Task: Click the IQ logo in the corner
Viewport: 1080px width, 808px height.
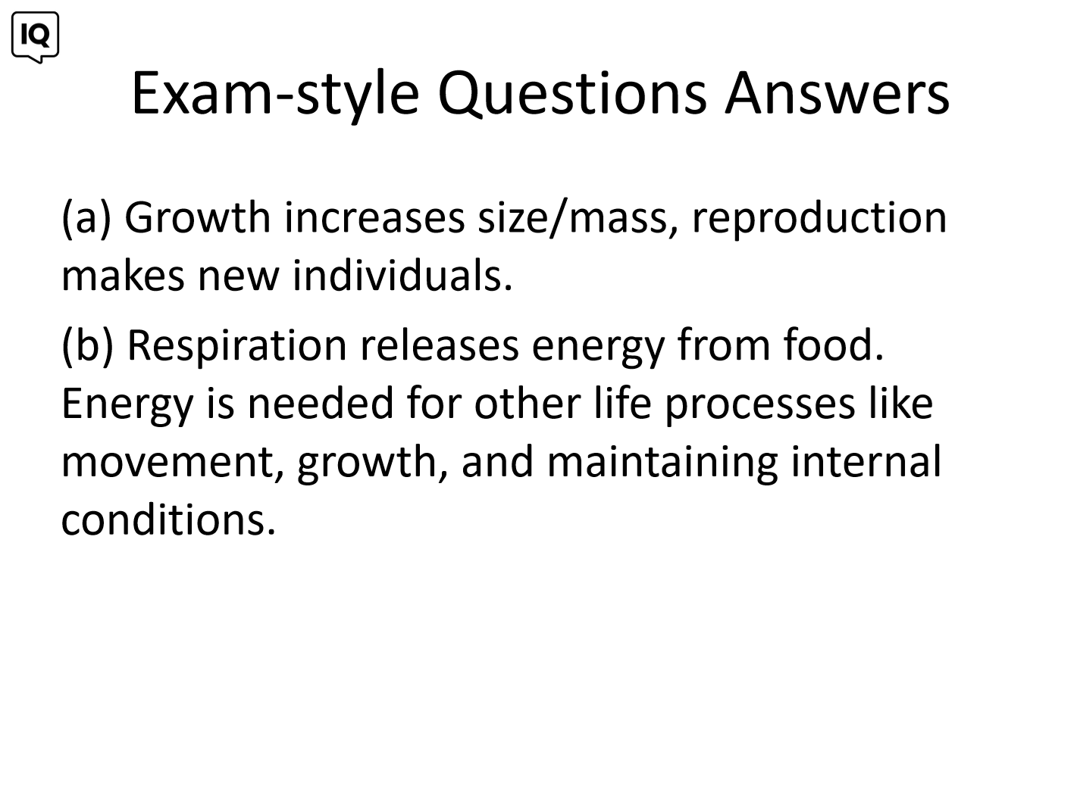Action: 36,37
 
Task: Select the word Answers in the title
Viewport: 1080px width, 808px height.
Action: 837,93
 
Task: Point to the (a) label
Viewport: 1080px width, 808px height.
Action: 86,218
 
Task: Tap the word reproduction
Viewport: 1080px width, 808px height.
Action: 819,219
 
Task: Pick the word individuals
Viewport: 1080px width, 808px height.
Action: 402,275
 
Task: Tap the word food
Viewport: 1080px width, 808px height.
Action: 834,344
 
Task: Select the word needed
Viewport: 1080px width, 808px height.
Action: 321,403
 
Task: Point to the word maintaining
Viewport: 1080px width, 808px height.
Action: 662,462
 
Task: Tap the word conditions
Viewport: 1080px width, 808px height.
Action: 168,519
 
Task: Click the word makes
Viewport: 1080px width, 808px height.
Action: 123,275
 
